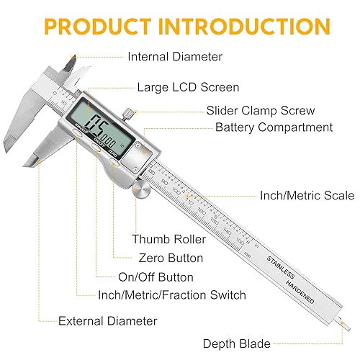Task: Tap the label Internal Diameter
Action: pyautogui.click(x=175, y=56)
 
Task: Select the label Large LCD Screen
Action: pyautogui.click(x=188, y=87)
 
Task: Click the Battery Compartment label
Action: pyautogui.click(x=274, y=127)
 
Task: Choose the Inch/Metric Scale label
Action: pyautogui.click(x=307, y=195)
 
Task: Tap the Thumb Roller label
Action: pyautogui.click(x=168, y=239)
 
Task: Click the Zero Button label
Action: pyautogui.click(x=170, y=258)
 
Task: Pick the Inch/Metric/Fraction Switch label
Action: pyautogui.click(x=172, y=295)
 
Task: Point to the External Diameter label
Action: pyautogui.click(x=108, y=320)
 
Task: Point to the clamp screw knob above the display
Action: pyautogui.click(x=127, y=112)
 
